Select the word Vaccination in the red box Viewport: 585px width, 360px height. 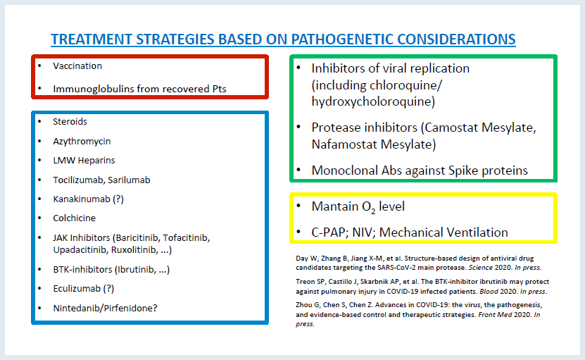point(77,66)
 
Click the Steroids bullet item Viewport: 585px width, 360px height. point(70,122)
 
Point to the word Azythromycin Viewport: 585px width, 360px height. point(82,142)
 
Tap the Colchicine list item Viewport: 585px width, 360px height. point(74,218)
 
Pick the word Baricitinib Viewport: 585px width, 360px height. point(137,238)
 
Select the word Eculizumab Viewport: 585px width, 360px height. point(77,289)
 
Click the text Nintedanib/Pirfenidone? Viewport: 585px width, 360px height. point(105,309)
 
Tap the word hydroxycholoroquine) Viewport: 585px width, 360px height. point(373,102)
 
